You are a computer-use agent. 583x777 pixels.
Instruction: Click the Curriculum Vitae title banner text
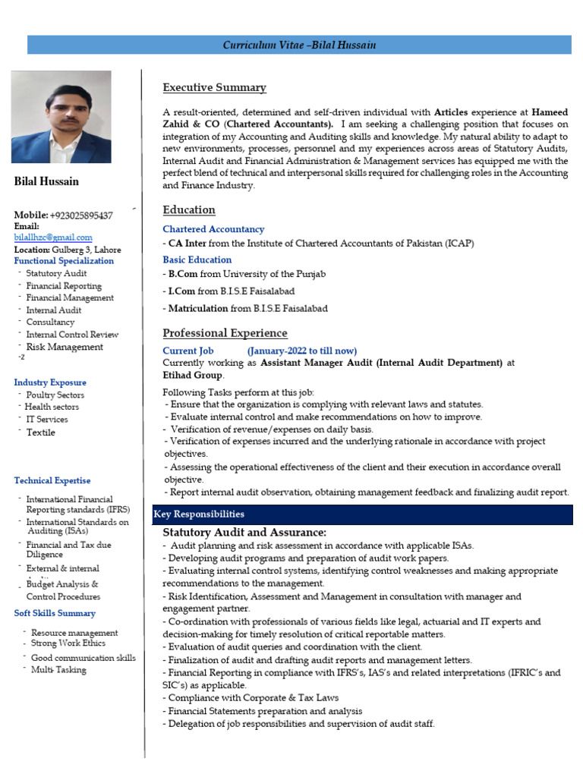tap(299, 46)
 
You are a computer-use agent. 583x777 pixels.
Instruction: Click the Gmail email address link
tap(53, 238)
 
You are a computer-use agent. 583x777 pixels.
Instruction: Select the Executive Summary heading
tap(214, 87)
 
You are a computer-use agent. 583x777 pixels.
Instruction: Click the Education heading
tap(189, 209)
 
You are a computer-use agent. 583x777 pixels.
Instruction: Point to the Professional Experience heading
tap(225, 333)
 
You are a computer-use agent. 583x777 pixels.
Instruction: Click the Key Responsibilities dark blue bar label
tap(199, 514)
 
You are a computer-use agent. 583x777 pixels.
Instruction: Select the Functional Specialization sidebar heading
tap(64, 261)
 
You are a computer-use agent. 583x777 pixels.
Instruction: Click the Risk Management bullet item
tap(65, 347)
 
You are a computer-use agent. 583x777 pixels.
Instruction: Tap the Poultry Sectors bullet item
tap(55, 395)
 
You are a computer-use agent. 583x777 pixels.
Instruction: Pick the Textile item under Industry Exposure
tap(40, 433)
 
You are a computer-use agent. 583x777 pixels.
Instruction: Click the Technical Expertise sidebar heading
tap(52, 480)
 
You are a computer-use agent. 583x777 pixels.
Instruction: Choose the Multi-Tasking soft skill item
tap(58, 670)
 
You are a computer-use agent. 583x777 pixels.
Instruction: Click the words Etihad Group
tap(193, 375)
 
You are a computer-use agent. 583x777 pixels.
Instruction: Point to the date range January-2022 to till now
tap(301, 351)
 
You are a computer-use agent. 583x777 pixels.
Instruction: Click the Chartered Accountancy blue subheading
tap(213, 229)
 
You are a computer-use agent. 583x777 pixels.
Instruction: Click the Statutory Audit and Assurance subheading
tap(244, 532)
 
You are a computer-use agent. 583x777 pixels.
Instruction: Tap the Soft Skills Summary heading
tap(55, 613)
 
